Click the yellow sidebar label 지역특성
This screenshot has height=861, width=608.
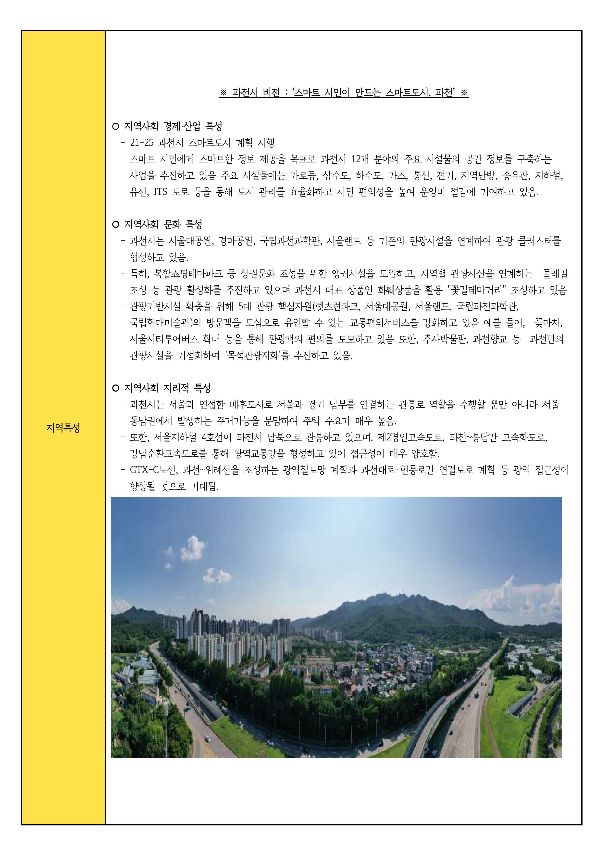pos(63,428)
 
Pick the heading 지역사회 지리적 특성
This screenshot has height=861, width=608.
pos(167,387)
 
